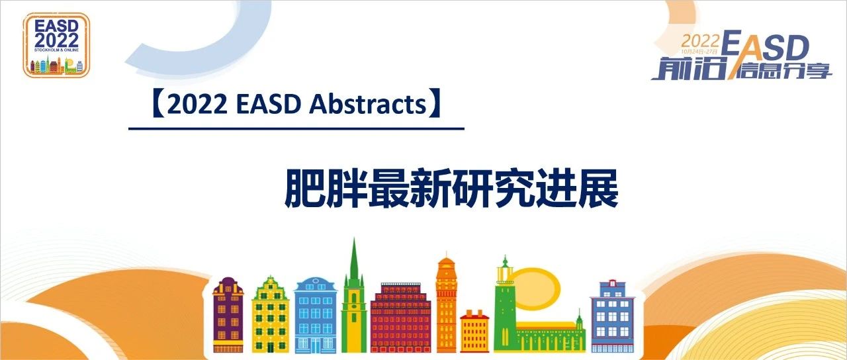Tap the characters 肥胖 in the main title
(312, 190)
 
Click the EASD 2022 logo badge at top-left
(56, 45)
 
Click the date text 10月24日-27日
(704, 52)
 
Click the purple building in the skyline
(228, 315)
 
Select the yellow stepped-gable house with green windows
(270, 315)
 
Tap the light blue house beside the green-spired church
(316, 316)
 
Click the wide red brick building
(401, 318)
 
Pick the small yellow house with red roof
(474, 332)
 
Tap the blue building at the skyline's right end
(612, 318)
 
